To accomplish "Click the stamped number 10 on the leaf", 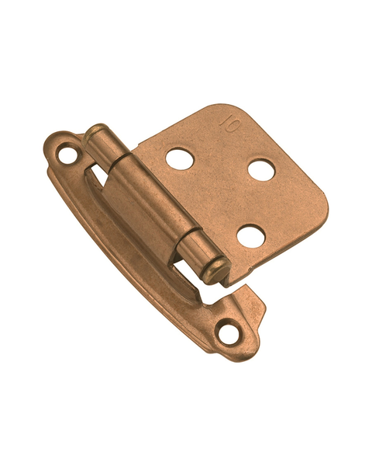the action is point(229,124).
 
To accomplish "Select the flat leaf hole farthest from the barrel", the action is point(261,170).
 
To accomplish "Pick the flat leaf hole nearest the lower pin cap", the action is point(250,236).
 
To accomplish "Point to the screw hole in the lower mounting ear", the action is point(229,334).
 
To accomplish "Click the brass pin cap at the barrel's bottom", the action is point(218,270).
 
